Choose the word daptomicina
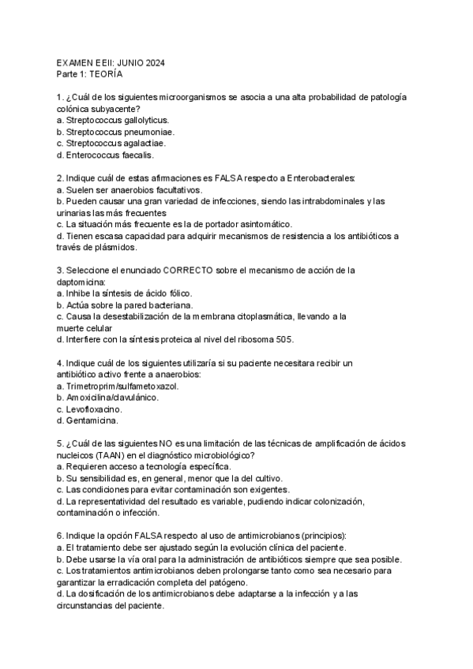pos(82,282)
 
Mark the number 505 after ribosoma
pos(306,340)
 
